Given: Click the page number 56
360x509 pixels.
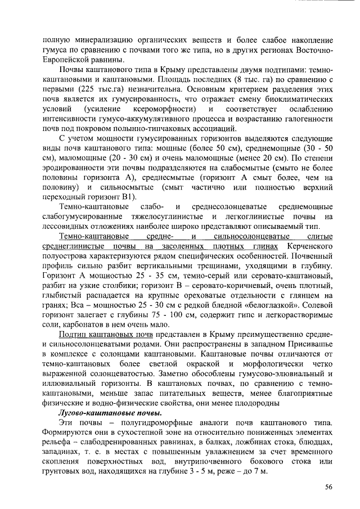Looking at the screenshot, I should tap(329, 487).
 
